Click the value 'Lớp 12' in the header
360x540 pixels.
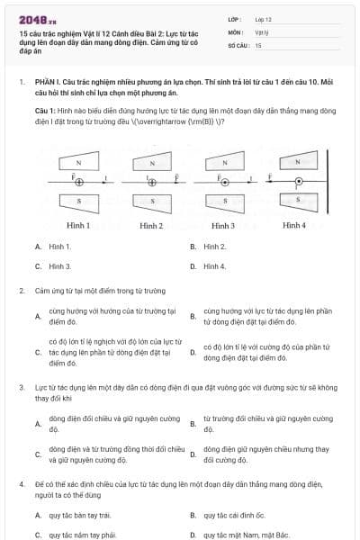coord(263,18)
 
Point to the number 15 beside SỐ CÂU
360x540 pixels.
coord(258,44)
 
